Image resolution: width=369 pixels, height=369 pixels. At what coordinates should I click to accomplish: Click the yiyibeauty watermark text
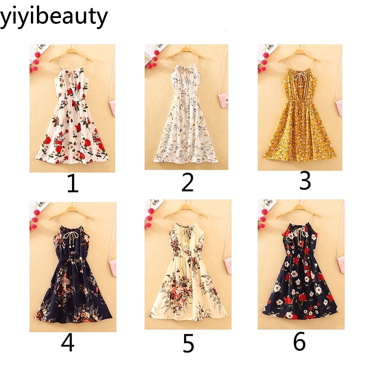pyautogui.click(x=54, y=17)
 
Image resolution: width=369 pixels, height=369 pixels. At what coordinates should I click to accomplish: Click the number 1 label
pyautogui.click(x=72, y=184)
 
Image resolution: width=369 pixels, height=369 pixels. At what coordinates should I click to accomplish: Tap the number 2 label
pyautogui.click(x=187, y=183)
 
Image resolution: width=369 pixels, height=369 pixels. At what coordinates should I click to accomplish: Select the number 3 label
pyautogui.click(x=305, y=181)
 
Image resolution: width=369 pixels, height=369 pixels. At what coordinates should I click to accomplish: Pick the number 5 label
pyautogui.click(x=188, y=344)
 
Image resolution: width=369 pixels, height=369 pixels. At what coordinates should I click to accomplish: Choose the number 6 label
pyautogui.click(x=299, y=343)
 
